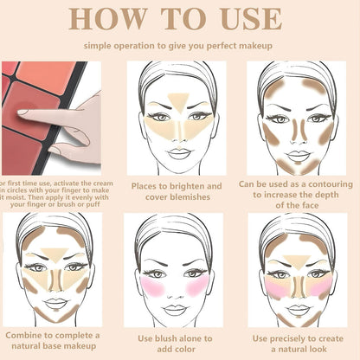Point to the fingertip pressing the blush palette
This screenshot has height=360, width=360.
(23, 112)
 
